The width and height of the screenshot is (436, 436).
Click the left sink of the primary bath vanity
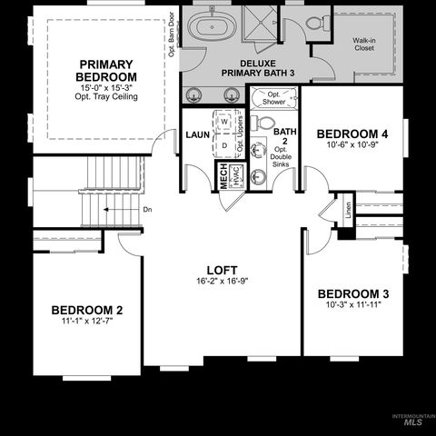click(193, 94)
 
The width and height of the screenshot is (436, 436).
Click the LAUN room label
click(197, 134)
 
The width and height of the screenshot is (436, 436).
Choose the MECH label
click(222, 176)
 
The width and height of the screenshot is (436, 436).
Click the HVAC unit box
click(234, 176)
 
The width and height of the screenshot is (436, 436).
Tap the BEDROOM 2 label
click(87, 310)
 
